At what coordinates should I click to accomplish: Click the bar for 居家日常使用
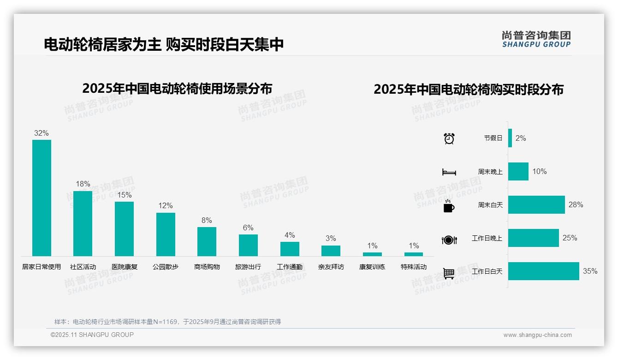point(42,198)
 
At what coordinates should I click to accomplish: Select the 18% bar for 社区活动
point(83,223)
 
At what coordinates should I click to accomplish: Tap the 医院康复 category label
point(125,267)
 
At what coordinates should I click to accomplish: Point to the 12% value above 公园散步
point(166,205)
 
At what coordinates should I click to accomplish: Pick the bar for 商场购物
point(207,241)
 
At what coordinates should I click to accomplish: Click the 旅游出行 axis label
point(248,267)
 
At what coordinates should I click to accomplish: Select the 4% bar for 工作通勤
point(290,249)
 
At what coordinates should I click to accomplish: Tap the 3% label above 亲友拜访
point(331,239)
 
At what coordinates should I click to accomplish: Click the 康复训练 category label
point(372,267)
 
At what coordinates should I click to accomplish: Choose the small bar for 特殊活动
point(414,254)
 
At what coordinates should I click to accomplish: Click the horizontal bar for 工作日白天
point(543,271)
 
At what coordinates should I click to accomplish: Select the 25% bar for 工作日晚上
point(533,238)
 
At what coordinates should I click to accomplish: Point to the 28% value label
point(576,204)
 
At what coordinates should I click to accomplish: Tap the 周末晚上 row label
point(490,172)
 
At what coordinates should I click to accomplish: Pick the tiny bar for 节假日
point(510,138)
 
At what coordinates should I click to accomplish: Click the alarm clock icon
point(449,138)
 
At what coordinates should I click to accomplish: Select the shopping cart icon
point(449,273)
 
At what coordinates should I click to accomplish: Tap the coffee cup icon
point(449,206)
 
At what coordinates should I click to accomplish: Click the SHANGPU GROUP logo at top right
point(536,39)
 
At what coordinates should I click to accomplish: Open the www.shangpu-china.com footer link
point(537,335)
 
